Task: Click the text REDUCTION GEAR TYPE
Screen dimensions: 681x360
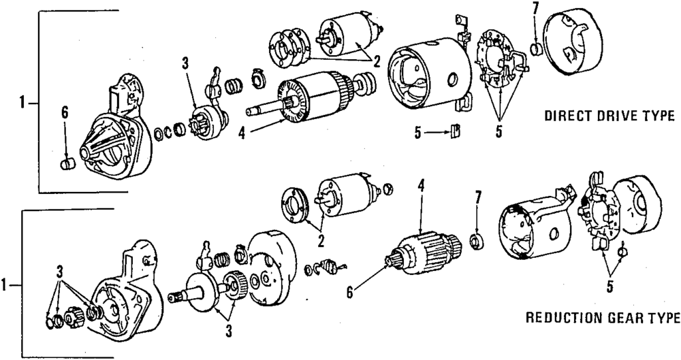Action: point(603,318)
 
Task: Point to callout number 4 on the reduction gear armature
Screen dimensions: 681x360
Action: point(422,185)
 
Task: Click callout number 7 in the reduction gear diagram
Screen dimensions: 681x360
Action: point(478,198)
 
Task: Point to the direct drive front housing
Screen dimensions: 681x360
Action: point(116,133)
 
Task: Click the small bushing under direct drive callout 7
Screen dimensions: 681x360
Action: point(536,49)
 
